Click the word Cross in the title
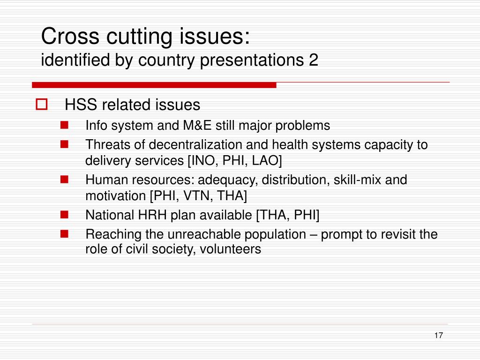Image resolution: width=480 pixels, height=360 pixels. [70, 36]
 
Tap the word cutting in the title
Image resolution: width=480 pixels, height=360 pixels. [139, 37]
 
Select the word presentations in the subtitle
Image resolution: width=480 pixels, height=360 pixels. [252, 60]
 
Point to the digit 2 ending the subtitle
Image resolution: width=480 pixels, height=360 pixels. [314, 60]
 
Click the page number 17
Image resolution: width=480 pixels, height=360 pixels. [438, 336]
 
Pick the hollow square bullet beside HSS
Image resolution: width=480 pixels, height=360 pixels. [42, 104]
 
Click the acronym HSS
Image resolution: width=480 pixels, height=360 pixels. [81, 105]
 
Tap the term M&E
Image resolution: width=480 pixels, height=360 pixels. [197, 126]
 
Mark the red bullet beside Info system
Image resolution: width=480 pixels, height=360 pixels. [64, 125]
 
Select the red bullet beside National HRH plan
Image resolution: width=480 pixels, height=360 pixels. [64, 215]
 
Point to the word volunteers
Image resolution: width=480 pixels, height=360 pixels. [230, 249]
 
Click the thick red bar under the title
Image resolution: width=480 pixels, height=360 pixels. [154, 85]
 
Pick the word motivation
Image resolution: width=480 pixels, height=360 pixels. [116, 196]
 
